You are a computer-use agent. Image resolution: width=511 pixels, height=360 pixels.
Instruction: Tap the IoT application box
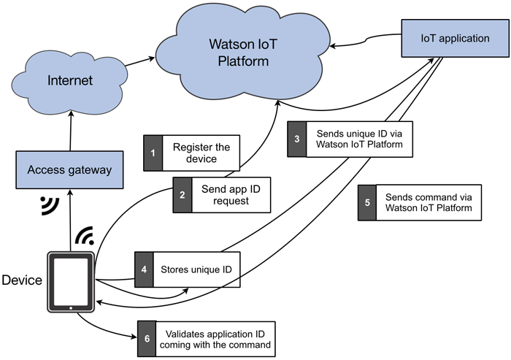pyautogui.click(x=445, y=38)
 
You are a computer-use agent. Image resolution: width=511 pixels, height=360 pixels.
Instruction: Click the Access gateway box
pyautogui.click(x=69, y=169)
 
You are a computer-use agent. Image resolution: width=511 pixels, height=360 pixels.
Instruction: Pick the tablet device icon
pyautogui.click(x=70, y=282)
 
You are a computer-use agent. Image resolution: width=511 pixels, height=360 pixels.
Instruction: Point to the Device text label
pyautogui.click(x=22, y=280)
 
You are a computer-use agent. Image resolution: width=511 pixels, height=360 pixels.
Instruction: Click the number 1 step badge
pyautogui.click(x=153, y=153)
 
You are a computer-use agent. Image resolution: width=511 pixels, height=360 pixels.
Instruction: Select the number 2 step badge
pyautogui.click(x=182, y=194)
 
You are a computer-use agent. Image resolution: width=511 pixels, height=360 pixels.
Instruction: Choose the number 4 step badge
pyautogui.click(x=144, y=270)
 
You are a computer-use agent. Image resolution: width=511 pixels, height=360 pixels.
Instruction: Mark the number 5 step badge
pyautogui.click(x=367, y=202)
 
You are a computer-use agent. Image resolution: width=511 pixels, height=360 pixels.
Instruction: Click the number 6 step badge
pyautogui.click(x=147, y=338)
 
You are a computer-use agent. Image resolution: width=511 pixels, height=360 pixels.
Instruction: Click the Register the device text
pyautogui.click(x=201, y=153)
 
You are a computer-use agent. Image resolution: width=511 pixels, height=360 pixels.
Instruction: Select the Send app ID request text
pyautogui.click(x=224, y=194)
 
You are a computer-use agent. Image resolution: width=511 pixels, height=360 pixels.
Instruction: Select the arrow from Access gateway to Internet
pyautogui.click(x=69, y=131)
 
